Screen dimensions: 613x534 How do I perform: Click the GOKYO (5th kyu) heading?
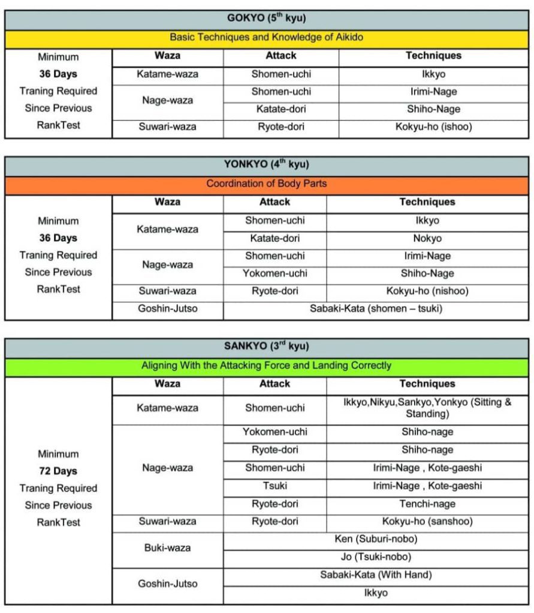267,19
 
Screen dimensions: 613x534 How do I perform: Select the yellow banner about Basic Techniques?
267,37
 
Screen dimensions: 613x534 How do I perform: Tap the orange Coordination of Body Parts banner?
267,184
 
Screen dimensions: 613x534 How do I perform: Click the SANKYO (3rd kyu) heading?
267,347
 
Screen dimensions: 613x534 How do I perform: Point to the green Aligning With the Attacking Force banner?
267,365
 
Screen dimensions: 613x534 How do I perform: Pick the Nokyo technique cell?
427,238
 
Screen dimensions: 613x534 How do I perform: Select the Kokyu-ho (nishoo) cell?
427,292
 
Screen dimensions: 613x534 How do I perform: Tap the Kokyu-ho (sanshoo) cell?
427,521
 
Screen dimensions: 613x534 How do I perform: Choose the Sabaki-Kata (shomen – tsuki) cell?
376,309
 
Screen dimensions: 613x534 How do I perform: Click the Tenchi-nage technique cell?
427,504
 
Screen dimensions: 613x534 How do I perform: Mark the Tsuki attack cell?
274,486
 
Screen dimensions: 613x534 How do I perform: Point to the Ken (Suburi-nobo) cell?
376,539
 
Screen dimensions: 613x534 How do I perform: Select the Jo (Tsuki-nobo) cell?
376,557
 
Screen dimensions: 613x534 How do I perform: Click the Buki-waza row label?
167,548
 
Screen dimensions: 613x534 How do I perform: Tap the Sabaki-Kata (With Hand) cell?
376,575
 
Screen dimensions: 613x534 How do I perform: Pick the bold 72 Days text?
58,471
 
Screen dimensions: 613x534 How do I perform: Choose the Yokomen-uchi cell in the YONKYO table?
274,274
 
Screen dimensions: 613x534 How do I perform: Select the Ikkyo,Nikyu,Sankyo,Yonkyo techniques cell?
427,408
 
